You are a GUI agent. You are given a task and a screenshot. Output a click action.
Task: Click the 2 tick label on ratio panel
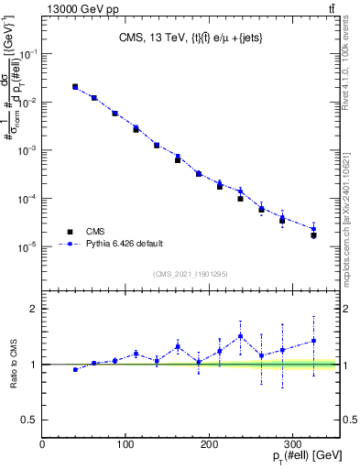[34, 309]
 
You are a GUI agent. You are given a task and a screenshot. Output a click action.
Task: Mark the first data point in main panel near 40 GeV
[75, 87]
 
